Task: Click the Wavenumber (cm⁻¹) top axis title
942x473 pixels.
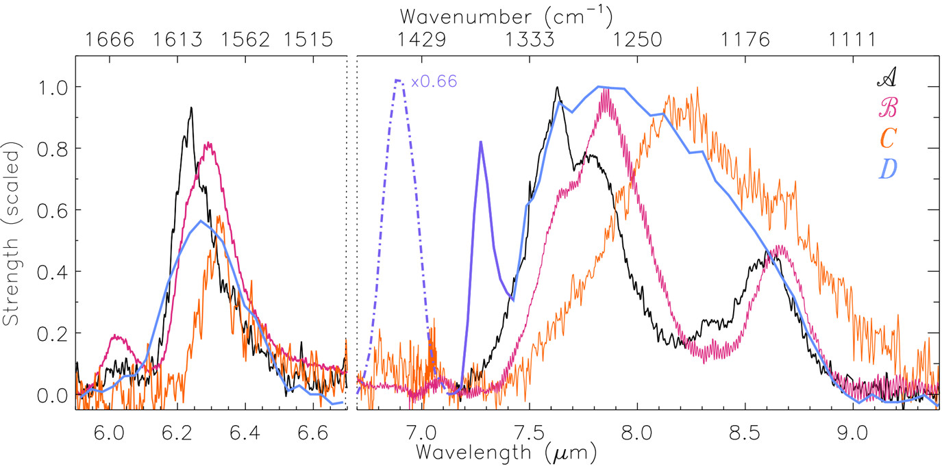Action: tap(506, 14)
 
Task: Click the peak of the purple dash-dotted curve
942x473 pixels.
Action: tap(398, 80)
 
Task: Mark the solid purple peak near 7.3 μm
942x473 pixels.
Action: tap(481, 142)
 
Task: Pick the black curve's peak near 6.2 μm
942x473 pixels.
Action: tap(191, 107)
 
